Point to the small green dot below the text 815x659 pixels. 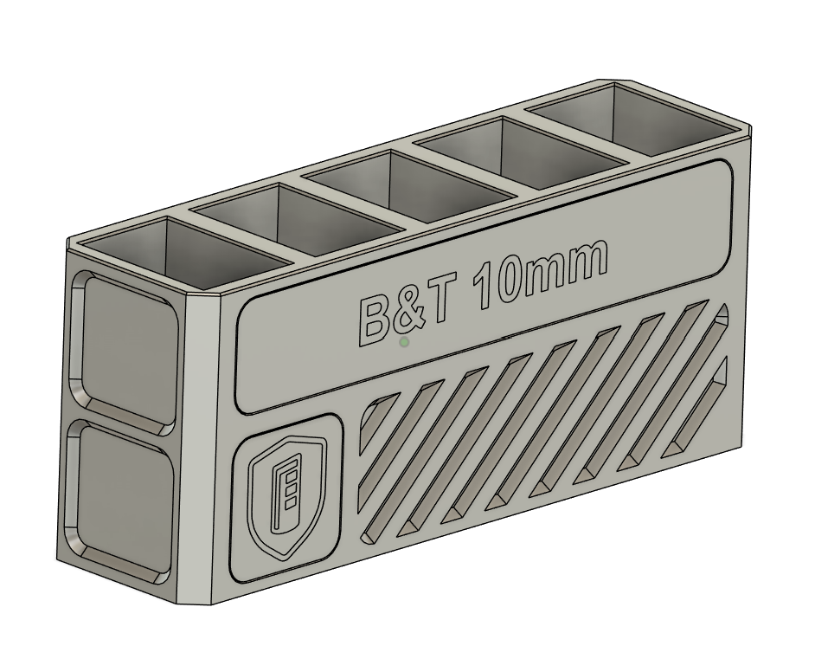pyautogui.click(x=404, y=343)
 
